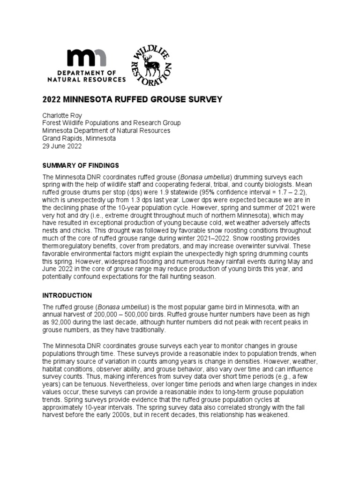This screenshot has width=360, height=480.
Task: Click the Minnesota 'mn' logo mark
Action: [x=87, y=58]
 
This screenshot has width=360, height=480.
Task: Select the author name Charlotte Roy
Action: [x=61, y=115]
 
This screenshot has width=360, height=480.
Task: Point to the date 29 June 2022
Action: [x=62, y=146]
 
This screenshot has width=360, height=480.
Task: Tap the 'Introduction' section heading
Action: [x=67, y=296]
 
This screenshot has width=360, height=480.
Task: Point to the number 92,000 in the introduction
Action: [x=61, y=322]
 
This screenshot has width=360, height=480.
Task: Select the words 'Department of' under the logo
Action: [x=87, y=73]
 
